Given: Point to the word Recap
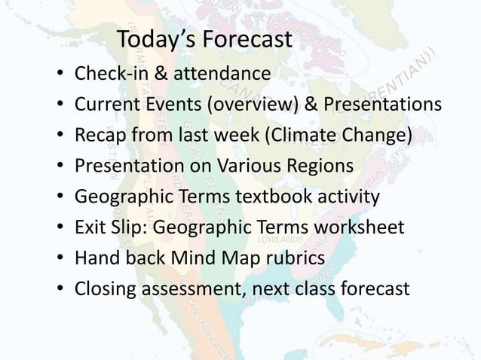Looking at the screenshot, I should tap(99, 136).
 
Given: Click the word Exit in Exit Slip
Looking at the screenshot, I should tap(90, 227).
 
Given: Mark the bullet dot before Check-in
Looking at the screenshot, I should tap(58, 76).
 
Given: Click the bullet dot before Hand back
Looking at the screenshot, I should tap(58, 259).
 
